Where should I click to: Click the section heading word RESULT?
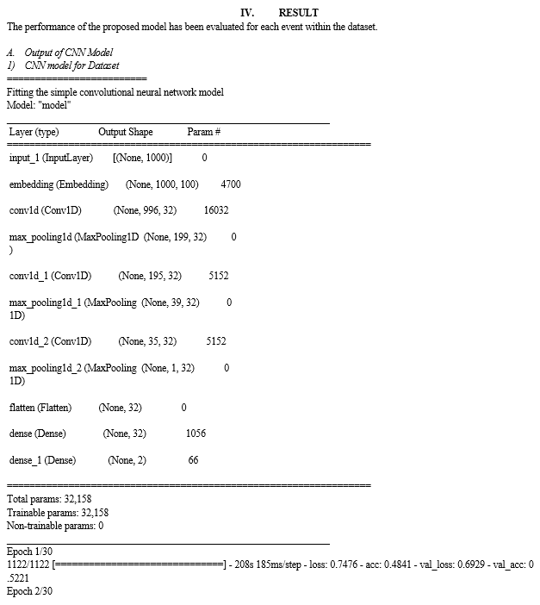pyautogui.click(x=298, y=13)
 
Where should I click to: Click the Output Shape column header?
pyautogui.click(x=126, y=132)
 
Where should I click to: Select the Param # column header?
pyautogui.click(x=204, y=132)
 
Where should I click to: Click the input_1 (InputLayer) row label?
pyautogui.click(x=51, y=159)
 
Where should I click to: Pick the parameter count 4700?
pyautogui.click(x=231, y=184)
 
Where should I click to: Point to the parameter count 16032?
pyautogui.click(x=216, y=210)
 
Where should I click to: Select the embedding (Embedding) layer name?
pyautogui.click(x=59, y=184)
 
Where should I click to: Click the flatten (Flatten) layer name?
pyautogui.click(x=40, y=408)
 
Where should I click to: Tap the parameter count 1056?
pyautogui.click(x=196, y=433)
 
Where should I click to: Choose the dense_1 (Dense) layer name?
pyautogui.click(x=43, y=460)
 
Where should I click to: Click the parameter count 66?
pyautogui.click(x=193, y=460)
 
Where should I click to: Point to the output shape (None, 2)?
pyautogui.click(x=127, y=460)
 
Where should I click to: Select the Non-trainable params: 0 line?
pyautogui.click(x=55, y=525)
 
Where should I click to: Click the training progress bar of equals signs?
pyautogui.click(x=139, y=564)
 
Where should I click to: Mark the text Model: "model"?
pyautogui.click(x=39, y=105)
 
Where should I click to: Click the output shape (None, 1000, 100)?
pyautogui.click(x=162, y=184)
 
